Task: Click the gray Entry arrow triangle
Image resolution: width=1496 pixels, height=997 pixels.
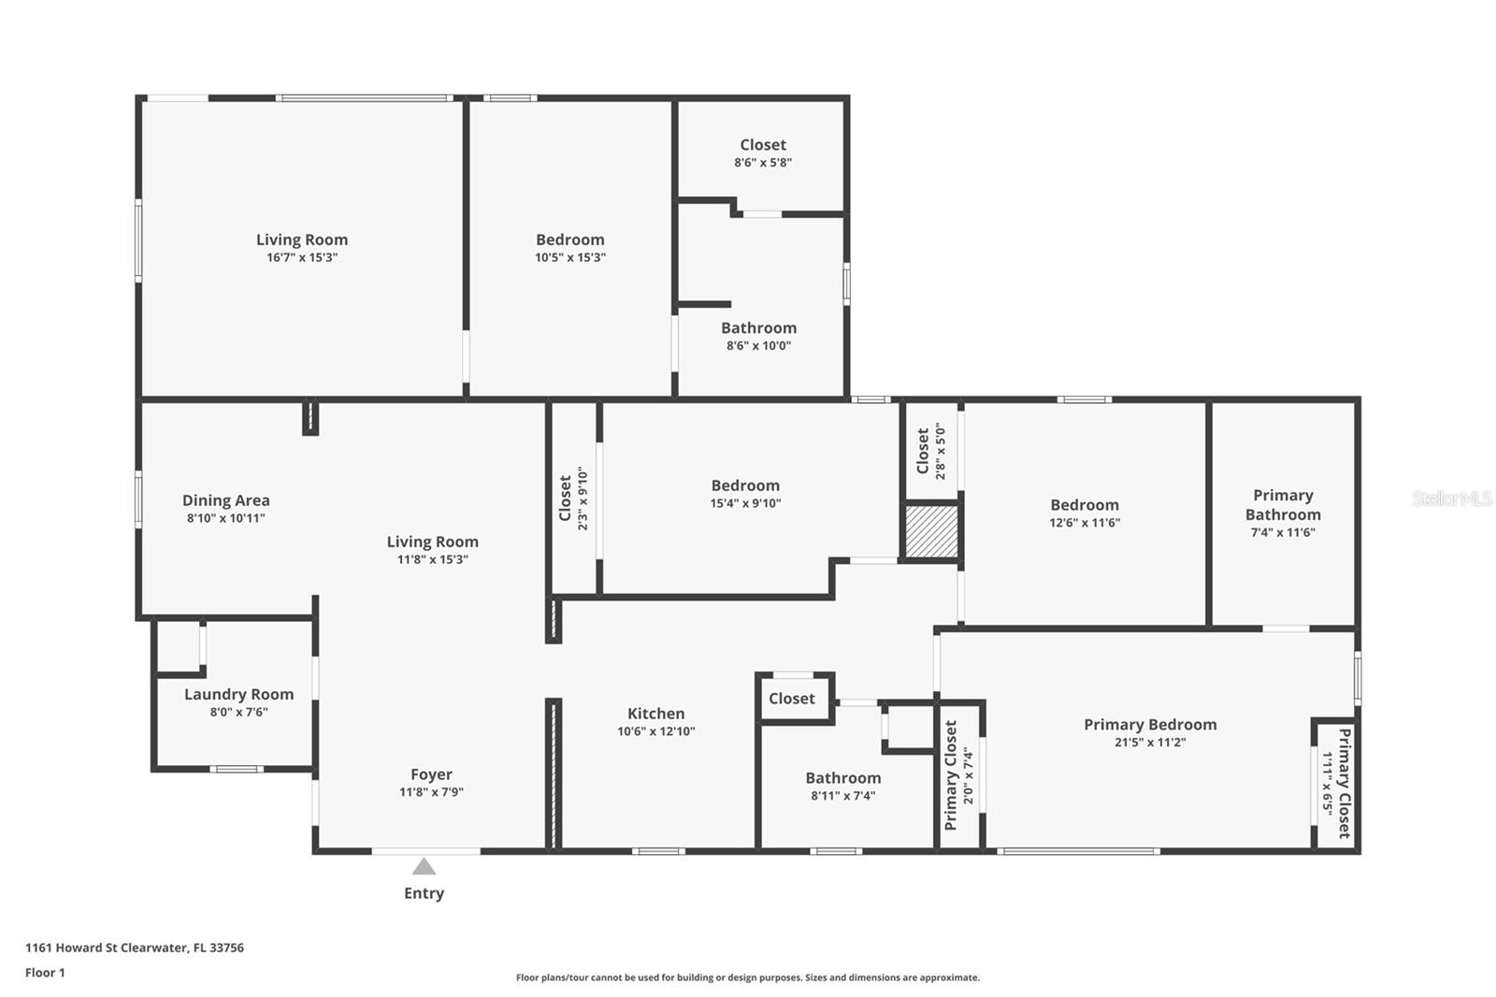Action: (x=424, y=867)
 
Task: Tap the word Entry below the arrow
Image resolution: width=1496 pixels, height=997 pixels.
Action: (x=424, y=893)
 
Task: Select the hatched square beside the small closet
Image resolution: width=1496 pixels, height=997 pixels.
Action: (x=931, y=531)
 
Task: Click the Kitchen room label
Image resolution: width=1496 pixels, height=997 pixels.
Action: (x=655, y=713)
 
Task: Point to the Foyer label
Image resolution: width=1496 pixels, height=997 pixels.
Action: (x=431, y=774)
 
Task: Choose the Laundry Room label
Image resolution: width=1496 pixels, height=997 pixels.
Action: (x=239, y=694)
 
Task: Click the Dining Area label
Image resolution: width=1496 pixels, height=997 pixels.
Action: (x=226, y=500)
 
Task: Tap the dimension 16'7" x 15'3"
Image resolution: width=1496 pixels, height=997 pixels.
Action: (x=303, y=257)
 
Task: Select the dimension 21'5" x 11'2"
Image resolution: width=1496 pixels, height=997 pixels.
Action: (x=1150, y=742)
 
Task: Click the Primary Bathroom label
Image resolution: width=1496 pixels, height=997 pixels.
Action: (x=1283, y=504)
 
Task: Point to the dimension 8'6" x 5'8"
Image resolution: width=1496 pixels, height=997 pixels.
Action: (x=763, y=163)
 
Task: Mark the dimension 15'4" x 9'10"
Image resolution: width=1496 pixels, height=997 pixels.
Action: (x=745, y=503)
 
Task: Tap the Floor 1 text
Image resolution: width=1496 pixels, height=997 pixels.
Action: (x=46, y=973)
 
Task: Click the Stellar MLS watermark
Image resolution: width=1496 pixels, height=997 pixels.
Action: (x=1452, y=498)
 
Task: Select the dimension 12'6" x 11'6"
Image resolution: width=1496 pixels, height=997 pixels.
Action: (x=1085, y=523)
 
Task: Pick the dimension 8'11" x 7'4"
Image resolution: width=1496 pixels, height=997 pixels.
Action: (x=842, y=795)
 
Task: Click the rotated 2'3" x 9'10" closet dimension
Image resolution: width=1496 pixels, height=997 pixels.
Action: (x=583, y=498)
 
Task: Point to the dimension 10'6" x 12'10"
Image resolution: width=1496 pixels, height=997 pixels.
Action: (x=655, y=731)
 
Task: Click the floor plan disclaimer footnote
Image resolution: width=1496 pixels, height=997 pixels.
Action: (x=748, y=977)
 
